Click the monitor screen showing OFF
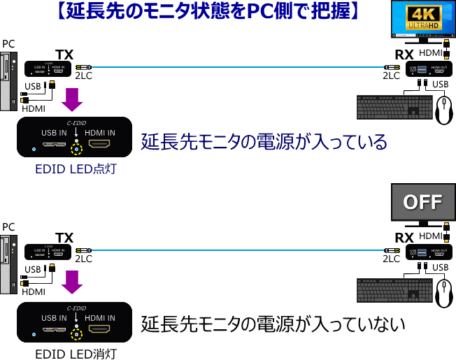coord(422,203)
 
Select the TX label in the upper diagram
coord(64,55)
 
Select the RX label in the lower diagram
coord(404,238)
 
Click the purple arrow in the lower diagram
coord(72,281)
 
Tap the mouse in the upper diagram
coord(443,110)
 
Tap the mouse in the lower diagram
coord(443,294)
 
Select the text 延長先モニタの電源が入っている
coord(264,142)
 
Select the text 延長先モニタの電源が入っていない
coord(273,324)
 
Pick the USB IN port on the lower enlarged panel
coord(54,329)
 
